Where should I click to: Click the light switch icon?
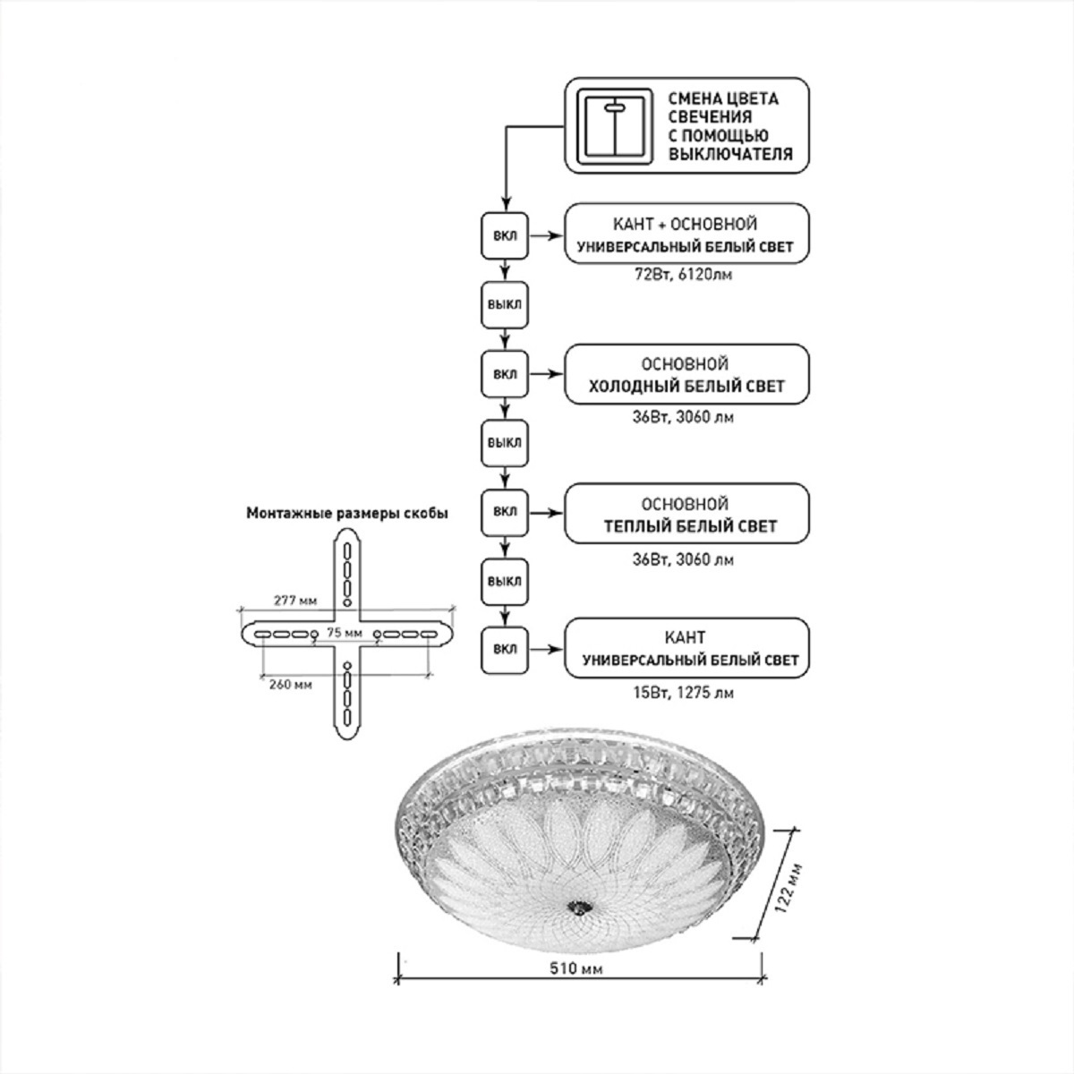[613, 125]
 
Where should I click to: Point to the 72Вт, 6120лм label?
[686, 276]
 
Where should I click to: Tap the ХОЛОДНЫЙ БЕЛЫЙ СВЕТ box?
[686, 375]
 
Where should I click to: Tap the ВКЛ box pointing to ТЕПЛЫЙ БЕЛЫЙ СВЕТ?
[505, 513]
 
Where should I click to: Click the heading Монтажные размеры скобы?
[347, 514]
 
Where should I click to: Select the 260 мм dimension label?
[290, 686]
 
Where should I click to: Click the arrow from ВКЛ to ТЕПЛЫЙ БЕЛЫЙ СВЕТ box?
[545, 513]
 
